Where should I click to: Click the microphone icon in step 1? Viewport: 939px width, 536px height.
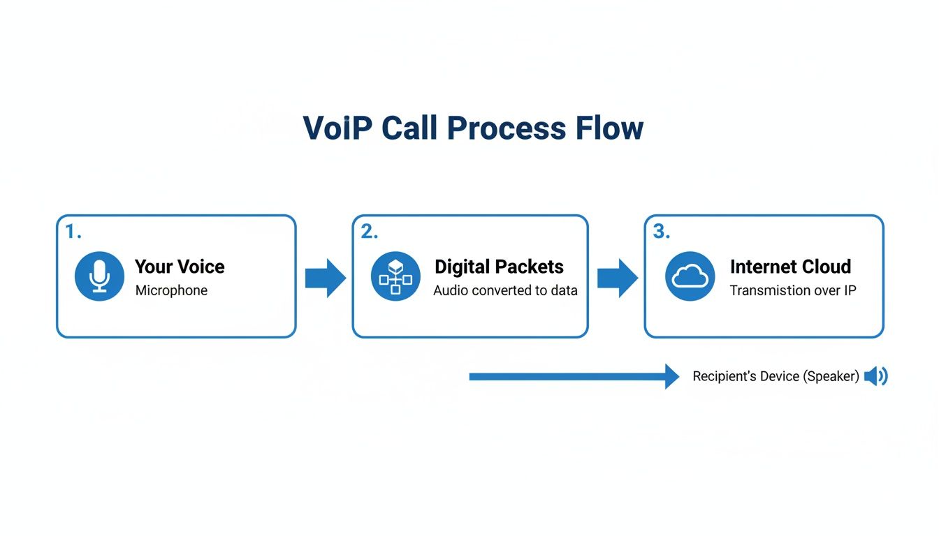(x=99, y=276)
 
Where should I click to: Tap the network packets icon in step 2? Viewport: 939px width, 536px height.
(x=395, y=276)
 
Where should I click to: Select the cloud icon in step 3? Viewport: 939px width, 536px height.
(x=690, y=276)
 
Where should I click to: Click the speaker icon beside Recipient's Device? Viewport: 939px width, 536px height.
(x=875, y=377)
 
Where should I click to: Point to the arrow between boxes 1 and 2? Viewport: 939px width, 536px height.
(x=326, y=278)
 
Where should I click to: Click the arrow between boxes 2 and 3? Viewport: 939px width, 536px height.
(x=618, y=278)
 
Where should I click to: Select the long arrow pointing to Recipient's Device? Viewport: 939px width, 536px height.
(x=574, y=377)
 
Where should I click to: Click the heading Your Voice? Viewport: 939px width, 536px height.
(x=180, y=267)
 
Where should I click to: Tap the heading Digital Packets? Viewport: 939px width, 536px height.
(x=499, y=267)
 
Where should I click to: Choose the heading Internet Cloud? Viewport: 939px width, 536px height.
(x=790, y=267)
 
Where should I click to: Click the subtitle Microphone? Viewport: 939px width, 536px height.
(x=171, y=290)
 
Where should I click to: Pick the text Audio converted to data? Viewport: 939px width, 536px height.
(x=505, y=290)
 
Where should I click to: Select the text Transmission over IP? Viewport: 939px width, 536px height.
(x=793, y=290)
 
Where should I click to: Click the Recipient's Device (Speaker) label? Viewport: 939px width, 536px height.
(x=776, y=377)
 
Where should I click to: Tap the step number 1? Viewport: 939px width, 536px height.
(x=72, y=232)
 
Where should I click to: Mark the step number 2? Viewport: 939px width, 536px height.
(x=368, y=232)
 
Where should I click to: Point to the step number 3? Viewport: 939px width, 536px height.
(x=660, y=232)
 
